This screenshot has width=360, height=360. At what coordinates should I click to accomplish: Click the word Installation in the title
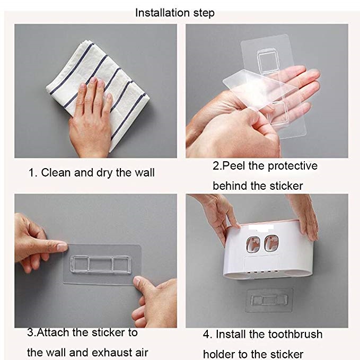pos(163,13)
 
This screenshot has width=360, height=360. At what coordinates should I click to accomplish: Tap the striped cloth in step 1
pos(98,94)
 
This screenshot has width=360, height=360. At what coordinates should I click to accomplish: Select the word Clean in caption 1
pos(56,173)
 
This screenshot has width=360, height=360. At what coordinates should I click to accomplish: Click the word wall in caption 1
pos(144,173)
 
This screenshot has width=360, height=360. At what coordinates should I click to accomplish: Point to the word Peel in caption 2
pos(233,166)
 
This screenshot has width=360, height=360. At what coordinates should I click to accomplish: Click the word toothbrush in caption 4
pos(295,334)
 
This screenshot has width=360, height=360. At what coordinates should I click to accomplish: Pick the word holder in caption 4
pos(219,354)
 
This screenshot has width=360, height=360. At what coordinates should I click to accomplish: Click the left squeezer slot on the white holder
pos(253,244)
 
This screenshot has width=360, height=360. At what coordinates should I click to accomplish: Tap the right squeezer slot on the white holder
pos(271,243)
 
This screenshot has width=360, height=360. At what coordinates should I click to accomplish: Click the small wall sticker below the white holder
pos(269,300)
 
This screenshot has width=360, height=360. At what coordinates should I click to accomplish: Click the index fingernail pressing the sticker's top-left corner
pos(62,247)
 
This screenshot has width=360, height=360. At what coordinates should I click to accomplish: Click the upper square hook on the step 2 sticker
pos(267,62)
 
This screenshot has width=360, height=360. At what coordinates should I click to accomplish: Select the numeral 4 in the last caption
pos(206,335)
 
